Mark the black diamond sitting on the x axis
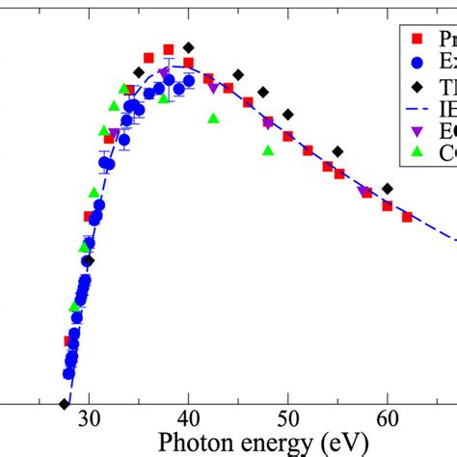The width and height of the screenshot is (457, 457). pyautogui.click(x=64, y=404)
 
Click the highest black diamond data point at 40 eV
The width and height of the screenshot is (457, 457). pyautogui.click(x=189, y=47)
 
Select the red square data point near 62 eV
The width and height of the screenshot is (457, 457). pyautogui.click(x=407, y=217)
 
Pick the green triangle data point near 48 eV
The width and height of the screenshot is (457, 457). pyautogui.click(x=268, y=149)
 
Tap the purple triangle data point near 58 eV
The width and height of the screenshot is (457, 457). pyautogui.click(x=365, y=193)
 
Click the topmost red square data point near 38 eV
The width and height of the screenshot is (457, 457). pyautogui.click(x=169, y=49)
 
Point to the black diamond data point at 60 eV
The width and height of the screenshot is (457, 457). pyautogui.click(x=387, y=188)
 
